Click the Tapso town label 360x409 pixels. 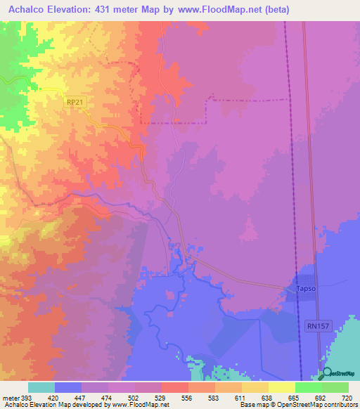(303, 290)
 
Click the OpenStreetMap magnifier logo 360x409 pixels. (326, 374)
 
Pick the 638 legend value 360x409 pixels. (264, 397)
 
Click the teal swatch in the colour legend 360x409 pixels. (41, 387)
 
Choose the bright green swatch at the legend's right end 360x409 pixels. (335, 387)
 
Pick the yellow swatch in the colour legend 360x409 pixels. (282, 387)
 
